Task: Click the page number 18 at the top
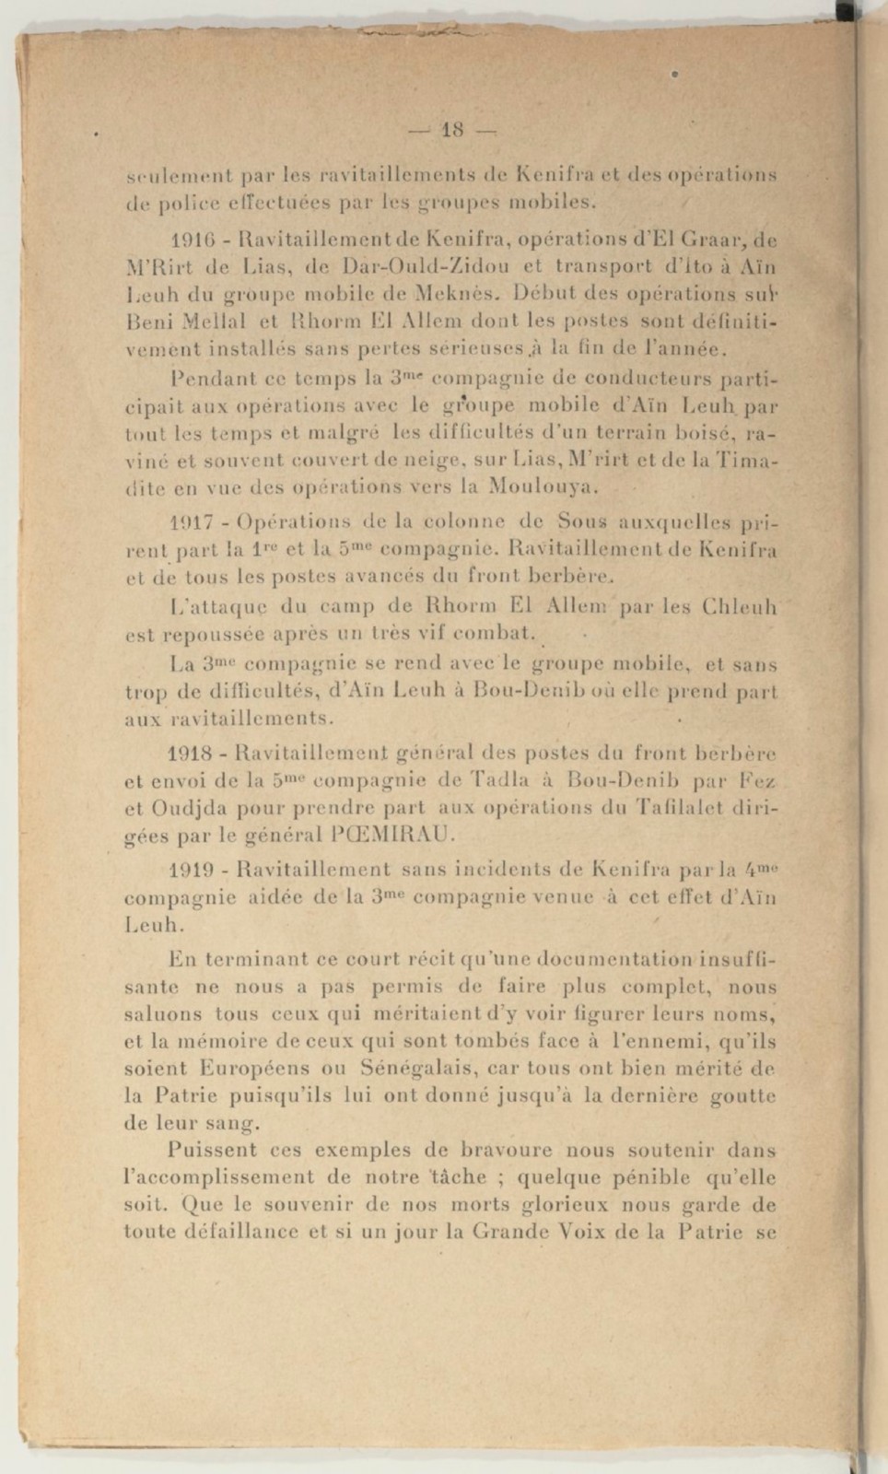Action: (451, 130)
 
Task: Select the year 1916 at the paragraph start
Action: (189, 241)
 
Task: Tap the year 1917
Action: (189, 522)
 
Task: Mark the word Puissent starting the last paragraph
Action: (214, 1151)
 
